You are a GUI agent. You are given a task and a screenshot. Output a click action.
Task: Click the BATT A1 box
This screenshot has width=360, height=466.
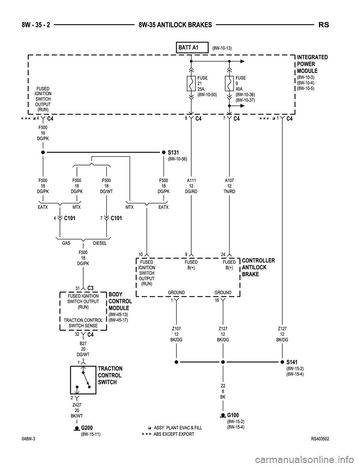point(192,48)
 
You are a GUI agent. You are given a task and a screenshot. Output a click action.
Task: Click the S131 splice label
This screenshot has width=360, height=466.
point(173,152)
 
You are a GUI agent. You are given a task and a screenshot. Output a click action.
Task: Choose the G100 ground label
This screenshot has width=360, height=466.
point(233,415)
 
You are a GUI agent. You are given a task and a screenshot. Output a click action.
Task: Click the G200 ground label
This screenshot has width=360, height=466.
point(87,428)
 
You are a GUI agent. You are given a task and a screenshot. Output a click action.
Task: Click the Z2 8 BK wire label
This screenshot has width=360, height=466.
point(223,391)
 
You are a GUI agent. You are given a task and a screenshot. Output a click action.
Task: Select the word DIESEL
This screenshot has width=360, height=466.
point(100,243)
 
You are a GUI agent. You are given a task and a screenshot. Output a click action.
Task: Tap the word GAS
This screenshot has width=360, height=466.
point(66,243)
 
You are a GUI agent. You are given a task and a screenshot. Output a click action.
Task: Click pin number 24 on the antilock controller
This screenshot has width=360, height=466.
point(223,254)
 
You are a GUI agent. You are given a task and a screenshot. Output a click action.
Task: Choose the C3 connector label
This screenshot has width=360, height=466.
point(90,288)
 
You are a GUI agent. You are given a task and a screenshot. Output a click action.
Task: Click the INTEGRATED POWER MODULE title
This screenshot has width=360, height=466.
point(312,64)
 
